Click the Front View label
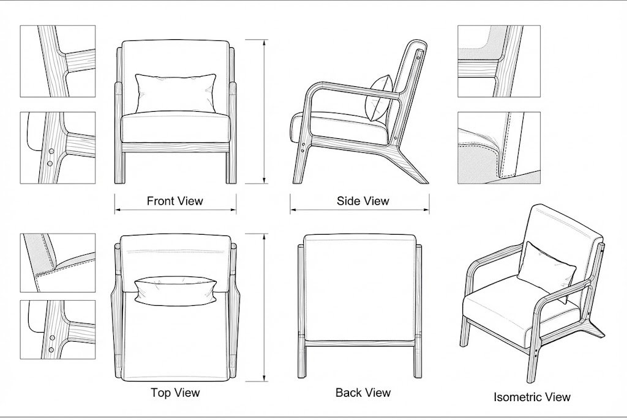tap(175, 201)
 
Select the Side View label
tap(362, 201)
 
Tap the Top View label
tap(175, 392)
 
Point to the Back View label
tap(362, 392)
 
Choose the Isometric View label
tap(531, 397)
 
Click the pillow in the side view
tap(378, 98)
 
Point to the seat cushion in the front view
tap(176, 127)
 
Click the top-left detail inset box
tap(58, 61)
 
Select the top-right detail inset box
tap(498, 61)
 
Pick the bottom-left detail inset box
tap(58, 329)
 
